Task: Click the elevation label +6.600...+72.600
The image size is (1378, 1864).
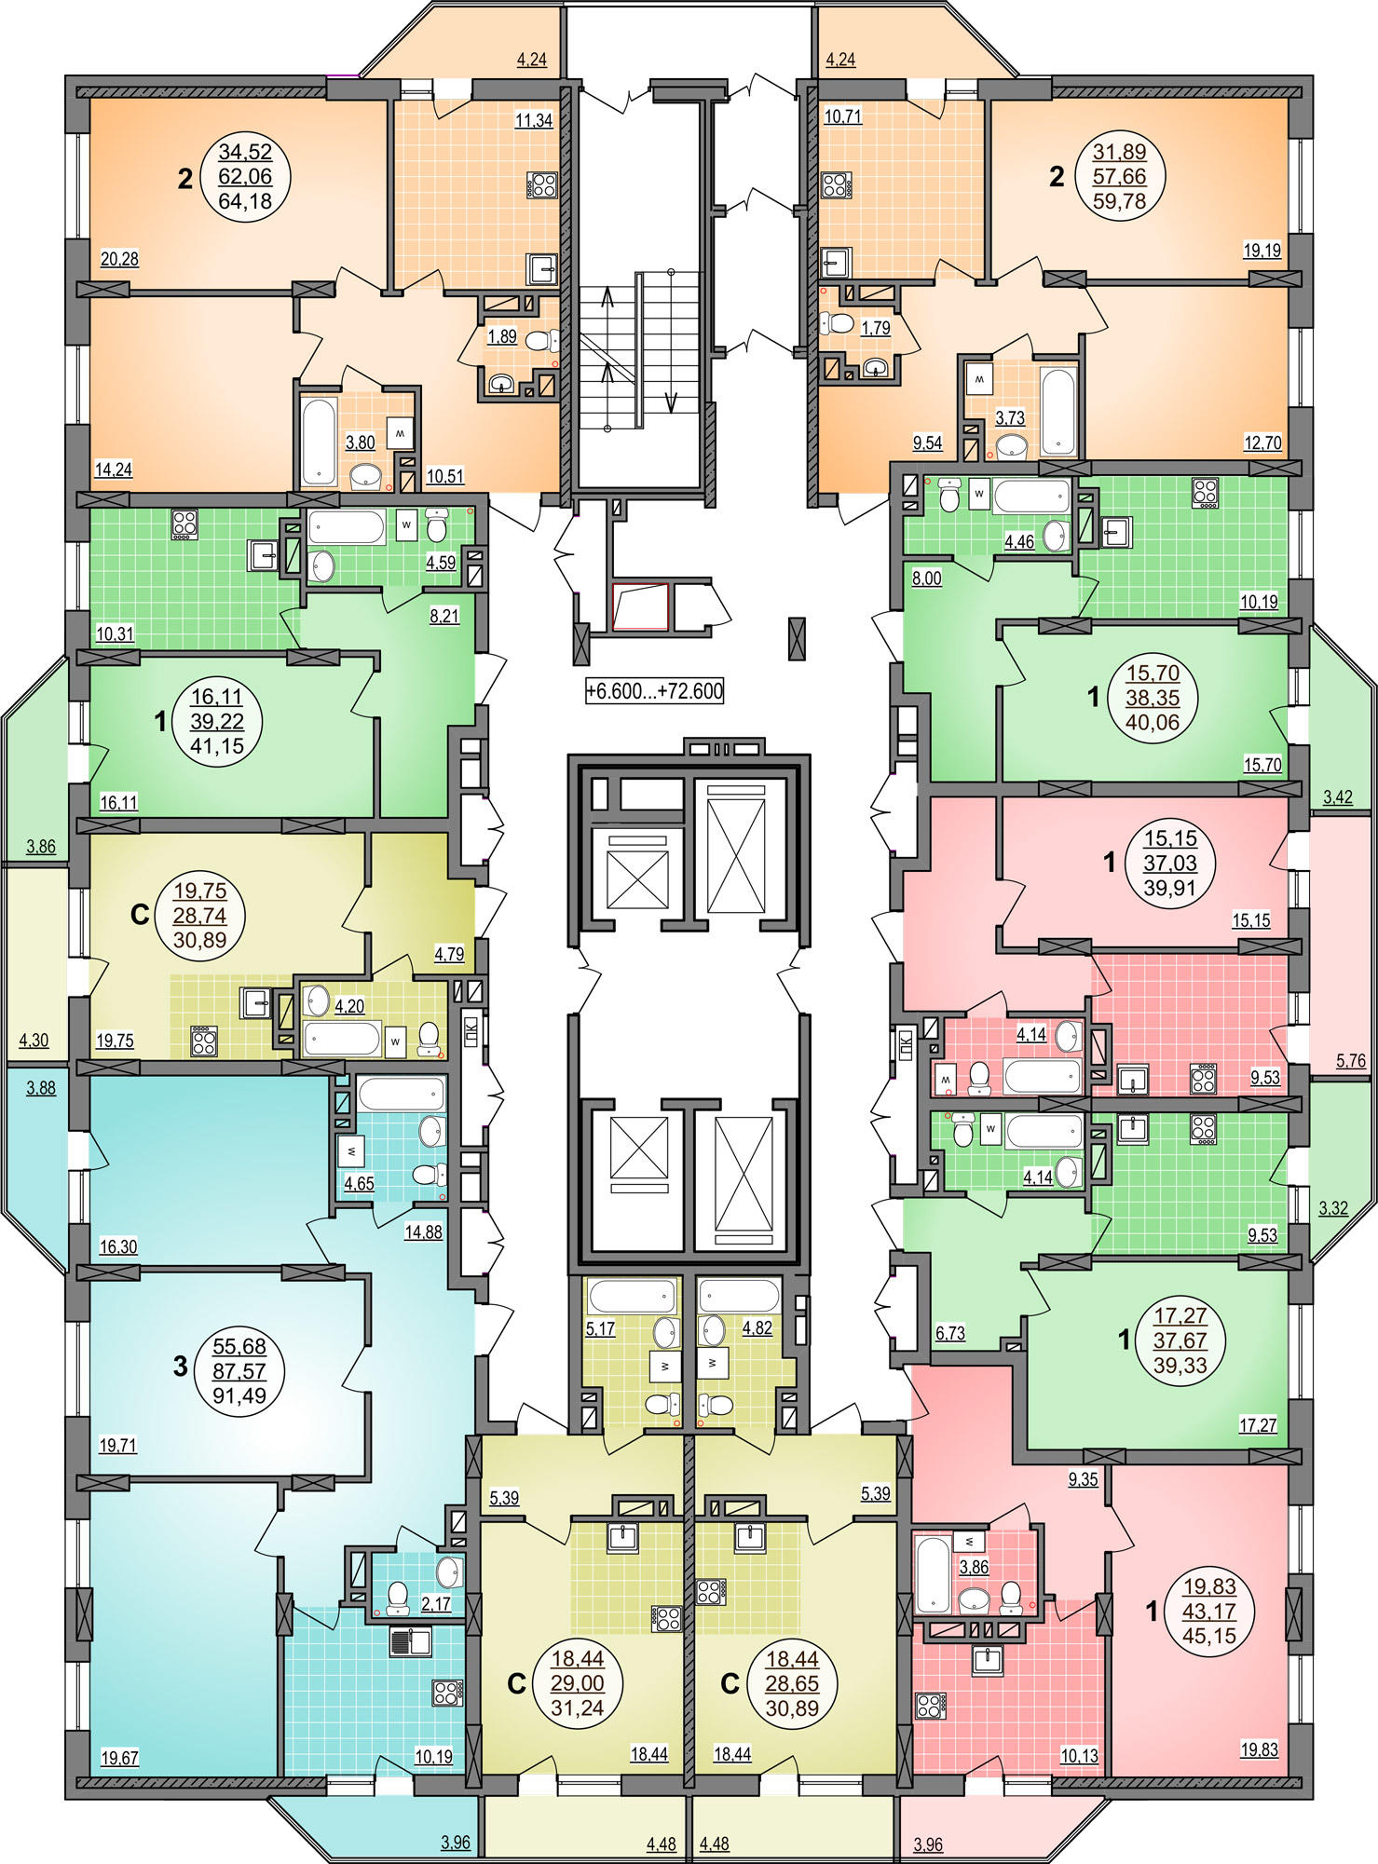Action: tap(654, 691)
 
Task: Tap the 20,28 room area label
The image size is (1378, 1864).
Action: tap(119, 259)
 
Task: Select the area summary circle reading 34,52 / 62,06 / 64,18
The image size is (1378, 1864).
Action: tap(245, 176)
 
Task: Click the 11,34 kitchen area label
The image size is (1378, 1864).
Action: tap(534, 119)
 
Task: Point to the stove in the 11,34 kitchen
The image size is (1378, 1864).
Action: tap(542, 184)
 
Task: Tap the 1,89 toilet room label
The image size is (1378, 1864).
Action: tap(502, 336)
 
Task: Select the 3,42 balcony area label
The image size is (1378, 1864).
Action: tap(1337, 797)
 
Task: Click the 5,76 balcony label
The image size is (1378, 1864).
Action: tap(1350, 1060)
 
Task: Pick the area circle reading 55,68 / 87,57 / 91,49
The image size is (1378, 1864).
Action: tap(239, 1371)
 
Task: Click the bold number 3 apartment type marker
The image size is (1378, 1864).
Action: tap(181, 1367)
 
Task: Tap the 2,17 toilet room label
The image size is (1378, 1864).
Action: tap(436, 1604)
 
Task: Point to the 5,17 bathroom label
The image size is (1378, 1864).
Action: tap(600, 1329)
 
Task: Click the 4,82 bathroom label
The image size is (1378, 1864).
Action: tap(757, 1328)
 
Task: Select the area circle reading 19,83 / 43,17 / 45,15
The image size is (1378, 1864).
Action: tap(1208, 1611)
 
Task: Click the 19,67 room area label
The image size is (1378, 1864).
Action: tap(119, 1759)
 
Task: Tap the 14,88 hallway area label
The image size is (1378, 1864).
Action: tap(423, 1231)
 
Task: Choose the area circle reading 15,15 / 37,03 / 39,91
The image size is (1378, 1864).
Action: tap(1170, 863)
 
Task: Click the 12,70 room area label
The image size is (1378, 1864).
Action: tap(1262, 443)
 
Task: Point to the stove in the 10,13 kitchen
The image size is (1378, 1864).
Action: tap(931, 1706)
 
